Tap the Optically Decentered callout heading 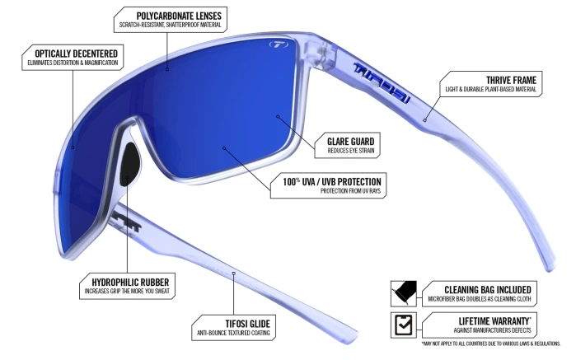click(x=71, y=54)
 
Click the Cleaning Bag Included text click(x=487, y=289)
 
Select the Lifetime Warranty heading click(x=488, y=319)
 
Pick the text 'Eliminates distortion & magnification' click(x=71, y=64)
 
